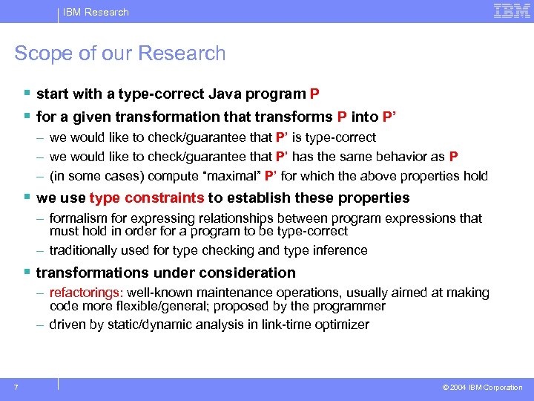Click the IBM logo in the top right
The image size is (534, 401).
[x=512, y=11]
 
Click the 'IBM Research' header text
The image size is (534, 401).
[x=96, y=12]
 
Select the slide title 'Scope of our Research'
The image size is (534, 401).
[x=120, y=53]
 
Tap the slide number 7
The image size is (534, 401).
[x=16, y=387]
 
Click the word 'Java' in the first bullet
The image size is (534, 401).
[x=226, y=94]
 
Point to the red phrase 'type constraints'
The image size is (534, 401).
[x=147, y=198]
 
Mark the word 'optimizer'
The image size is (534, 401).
[x=342, y=325]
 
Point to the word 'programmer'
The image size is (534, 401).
[x=351, y=305]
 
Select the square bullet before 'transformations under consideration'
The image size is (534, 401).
[x=27, y=273]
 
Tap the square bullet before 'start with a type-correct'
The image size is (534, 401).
[x=27, y=94]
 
